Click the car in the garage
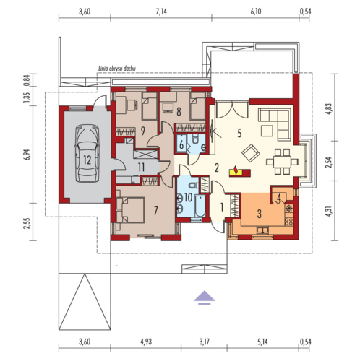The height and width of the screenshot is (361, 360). point(87,153)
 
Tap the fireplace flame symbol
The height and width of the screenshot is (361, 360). point(236,170)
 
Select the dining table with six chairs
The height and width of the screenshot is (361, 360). point(282,162)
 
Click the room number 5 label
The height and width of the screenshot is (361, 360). point(239,133)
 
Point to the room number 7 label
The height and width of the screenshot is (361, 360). point(156,211)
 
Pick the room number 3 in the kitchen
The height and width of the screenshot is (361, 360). point(260,214)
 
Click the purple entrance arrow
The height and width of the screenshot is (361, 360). point(205,297)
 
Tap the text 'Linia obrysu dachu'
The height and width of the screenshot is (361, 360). point(117,69)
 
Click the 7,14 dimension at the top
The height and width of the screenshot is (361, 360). point(161,12)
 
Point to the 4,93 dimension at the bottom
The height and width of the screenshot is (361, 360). point(146,342)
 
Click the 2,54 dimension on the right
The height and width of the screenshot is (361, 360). point(329,162)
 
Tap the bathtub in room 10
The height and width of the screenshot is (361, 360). point(200,206)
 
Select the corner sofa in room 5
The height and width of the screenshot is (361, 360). point(275,123)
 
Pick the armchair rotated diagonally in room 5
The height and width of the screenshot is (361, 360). point(251,153)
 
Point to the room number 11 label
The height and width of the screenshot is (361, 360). point(141,168)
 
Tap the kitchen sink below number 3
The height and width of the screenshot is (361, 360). point(262,230)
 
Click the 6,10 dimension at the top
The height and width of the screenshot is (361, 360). point(256,12)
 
